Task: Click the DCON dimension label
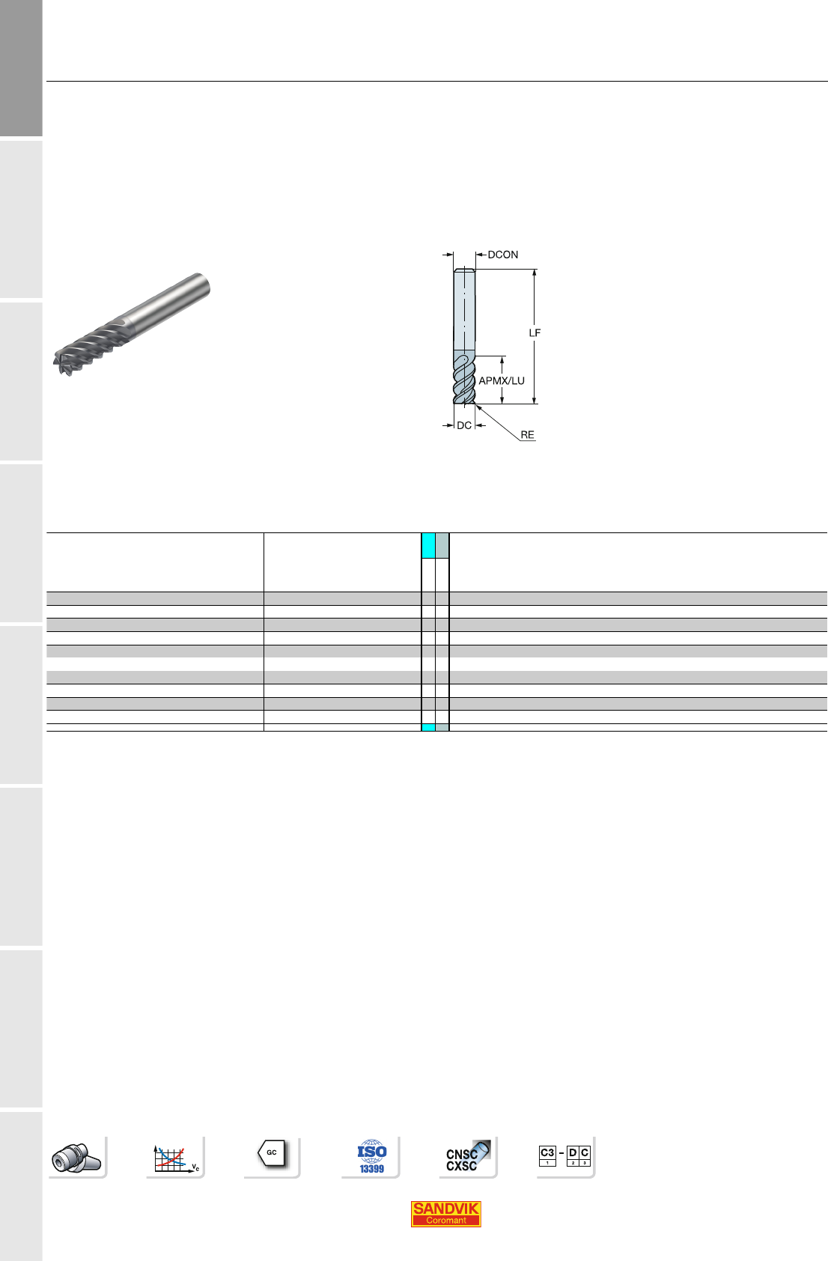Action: coord(502,255)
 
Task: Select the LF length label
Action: coord(535,332)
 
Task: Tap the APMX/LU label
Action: coord(502,380)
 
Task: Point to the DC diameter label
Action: coord(464,425)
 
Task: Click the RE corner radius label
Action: coord(527,434)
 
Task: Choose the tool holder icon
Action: coord(76,1158)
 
